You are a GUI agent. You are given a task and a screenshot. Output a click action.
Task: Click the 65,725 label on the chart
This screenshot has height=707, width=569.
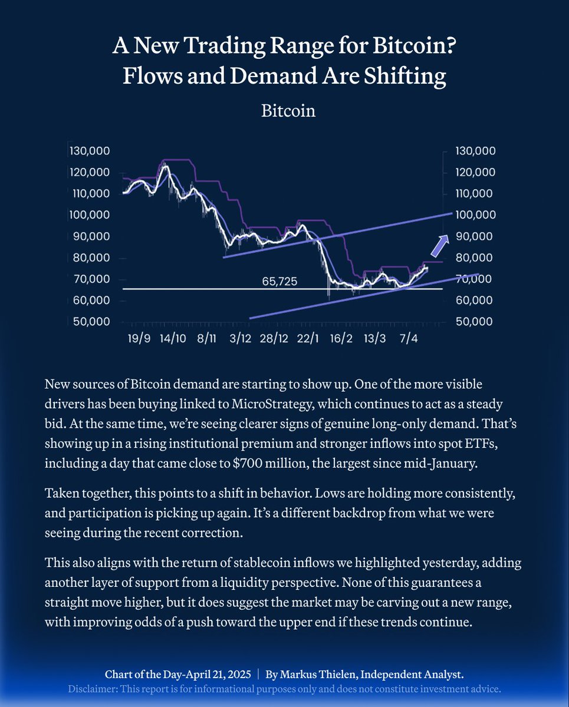click(279, 282)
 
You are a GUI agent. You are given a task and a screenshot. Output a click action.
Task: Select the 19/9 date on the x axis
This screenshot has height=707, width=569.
click(140, 341)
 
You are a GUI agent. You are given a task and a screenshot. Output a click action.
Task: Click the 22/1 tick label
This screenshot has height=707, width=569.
click(308, 341)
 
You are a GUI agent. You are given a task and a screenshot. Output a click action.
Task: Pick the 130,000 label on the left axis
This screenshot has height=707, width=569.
click(90, 151)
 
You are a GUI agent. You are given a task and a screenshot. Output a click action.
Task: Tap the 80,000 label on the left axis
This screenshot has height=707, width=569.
click(90, 258)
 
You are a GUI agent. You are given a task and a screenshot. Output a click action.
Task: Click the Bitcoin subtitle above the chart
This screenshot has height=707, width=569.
click(288, 111)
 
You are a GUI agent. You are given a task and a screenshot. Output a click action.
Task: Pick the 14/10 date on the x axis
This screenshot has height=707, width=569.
click(173, 341)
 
